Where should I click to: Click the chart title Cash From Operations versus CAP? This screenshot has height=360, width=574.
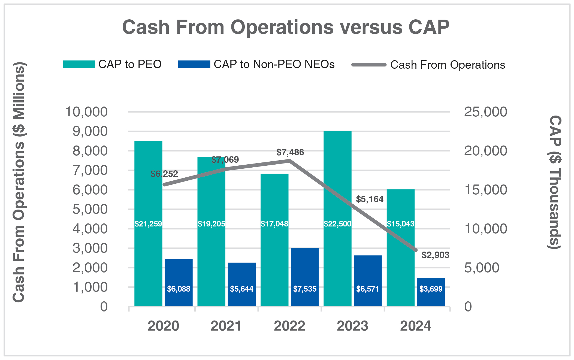[x=286, y=27]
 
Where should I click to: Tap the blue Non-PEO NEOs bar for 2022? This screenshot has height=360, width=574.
[x=305, y=267]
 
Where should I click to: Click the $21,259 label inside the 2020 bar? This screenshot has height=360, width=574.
[x=148, y=224]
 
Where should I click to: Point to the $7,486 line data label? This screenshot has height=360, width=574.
[x=290, y=152]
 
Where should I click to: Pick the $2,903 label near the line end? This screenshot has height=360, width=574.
[x=435, y=255]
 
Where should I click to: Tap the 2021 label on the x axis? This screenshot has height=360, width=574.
[x=226, y=326]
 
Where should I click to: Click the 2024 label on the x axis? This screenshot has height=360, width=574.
[x=415, y=326]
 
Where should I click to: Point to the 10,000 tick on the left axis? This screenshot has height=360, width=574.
[x=86, y=112]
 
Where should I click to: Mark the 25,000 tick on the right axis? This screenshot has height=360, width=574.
[x=485, y=112]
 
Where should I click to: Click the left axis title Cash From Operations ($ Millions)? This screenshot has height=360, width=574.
[x=19, y=182]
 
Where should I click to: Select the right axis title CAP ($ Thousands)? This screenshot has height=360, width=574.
[x=555, y=182]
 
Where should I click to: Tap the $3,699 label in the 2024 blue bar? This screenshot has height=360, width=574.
[x=431, y=289]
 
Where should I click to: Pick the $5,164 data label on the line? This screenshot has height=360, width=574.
[x=370, y=199]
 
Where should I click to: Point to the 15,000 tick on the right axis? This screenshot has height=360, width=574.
[x=485, y=190]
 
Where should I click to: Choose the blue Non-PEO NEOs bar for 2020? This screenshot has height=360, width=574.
[x=179, y=273]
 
